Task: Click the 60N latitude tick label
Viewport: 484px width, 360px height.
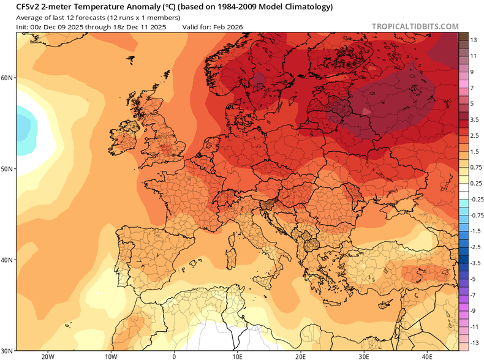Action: coord(7,78)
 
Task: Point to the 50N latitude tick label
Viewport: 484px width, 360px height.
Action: coord(7,168)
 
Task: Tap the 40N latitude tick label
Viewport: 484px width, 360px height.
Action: coord(7,260)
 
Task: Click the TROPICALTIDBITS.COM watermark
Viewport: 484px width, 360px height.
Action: coord(415,26)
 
